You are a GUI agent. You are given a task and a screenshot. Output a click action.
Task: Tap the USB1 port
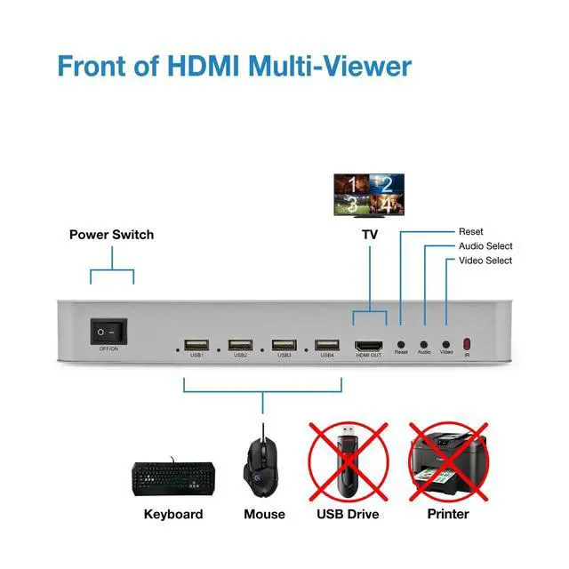point(196,344)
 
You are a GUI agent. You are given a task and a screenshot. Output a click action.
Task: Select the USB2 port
point(240,344)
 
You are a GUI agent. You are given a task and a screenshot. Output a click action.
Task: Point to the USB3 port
point(284,344)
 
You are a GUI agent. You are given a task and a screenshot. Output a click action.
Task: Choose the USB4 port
point(327,344)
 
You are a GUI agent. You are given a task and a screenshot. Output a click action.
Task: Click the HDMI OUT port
point(368,343)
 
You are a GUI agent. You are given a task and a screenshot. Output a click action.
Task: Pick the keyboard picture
point(173,478)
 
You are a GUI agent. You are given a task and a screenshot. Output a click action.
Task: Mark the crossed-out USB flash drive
point(348,461)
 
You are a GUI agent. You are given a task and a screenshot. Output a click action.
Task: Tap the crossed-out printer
point(448,461)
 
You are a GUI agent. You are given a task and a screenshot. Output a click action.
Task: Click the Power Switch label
point(111,235)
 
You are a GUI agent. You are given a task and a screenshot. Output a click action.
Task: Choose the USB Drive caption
point(348,514)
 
